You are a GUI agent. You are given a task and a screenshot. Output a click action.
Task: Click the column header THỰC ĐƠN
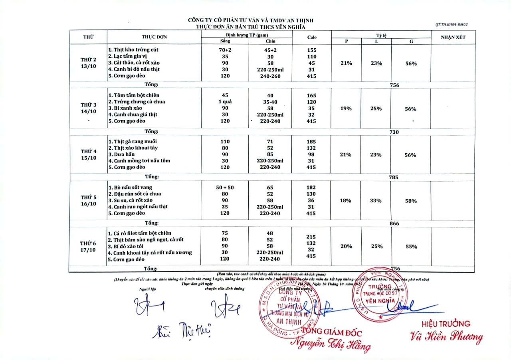[x=154, y=37]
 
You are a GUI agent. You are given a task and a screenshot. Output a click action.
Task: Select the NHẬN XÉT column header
[x=453, y=37]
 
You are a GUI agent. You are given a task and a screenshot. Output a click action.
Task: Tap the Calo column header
[x=312, y=37]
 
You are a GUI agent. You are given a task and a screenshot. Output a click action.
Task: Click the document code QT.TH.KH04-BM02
[x=452, y=24]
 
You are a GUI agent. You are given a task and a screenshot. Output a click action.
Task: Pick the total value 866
[x=394, y=224]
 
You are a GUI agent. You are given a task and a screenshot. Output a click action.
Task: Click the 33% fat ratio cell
[x=376, y=200]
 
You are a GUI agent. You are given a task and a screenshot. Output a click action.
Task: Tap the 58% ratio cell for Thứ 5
[x=411, y=201]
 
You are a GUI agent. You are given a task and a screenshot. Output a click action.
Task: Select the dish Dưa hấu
[x=125, y=154]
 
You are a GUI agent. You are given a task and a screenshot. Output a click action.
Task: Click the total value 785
[x=394, y=177]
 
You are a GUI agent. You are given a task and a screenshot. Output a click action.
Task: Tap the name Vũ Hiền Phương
[x=446, y=337]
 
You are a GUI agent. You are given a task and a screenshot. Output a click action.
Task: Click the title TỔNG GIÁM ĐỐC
[x=331, y=332]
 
